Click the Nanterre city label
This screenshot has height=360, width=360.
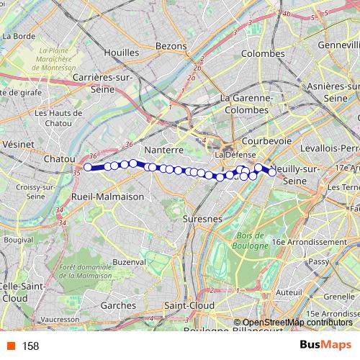tap(165, 150)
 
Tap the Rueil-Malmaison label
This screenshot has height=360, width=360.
tap(108, 196)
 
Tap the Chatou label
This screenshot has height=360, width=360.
tap(60, 158)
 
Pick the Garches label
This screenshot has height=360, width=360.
tap(119, 305)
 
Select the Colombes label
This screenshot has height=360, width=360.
tap(263, 53)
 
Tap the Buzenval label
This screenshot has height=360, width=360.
tap(129, 262)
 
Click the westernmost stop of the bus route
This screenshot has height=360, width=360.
tap(88, 167)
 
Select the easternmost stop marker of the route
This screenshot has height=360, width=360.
tap(273, 171)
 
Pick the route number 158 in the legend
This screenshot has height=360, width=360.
tap(30, 345)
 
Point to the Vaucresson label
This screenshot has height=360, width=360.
tap(60, 318)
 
